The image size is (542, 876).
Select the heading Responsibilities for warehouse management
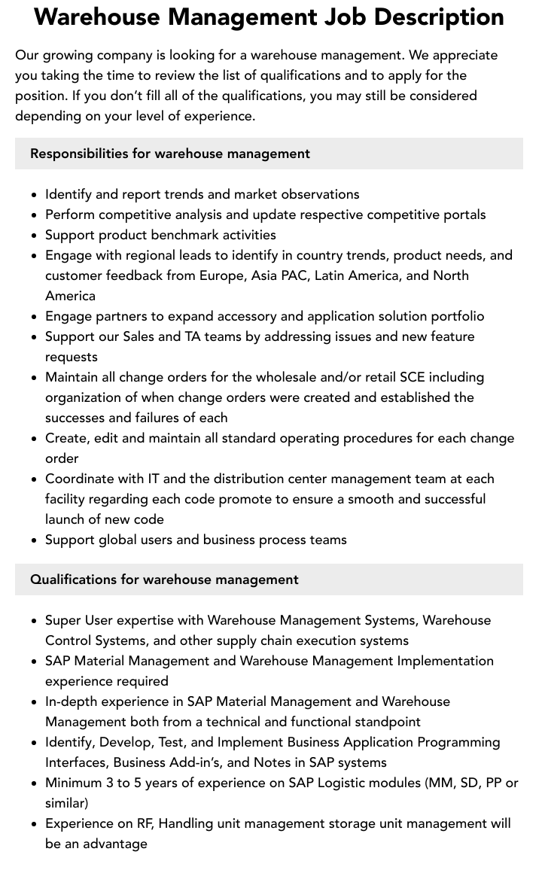click(170, 154)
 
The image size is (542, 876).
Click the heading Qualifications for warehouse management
click(164, 579)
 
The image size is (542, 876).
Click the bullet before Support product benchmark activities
click(35, 236)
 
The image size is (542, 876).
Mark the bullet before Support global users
click(35, 540)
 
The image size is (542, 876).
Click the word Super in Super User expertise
click(62, 620)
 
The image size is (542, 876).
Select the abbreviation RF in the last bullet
click(145, 823)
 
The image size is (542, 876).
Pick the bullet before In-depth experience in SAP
click(35, 702)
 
